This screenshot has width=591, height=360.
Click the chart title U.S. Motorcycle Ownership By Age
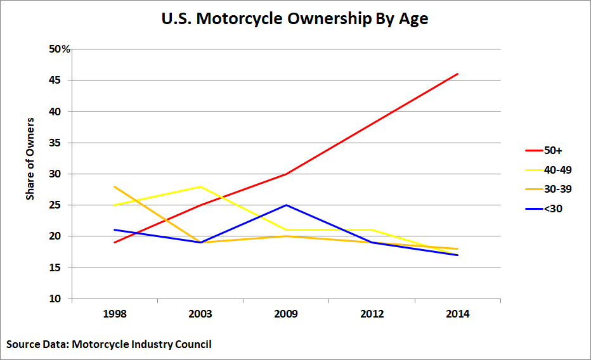point(295,19)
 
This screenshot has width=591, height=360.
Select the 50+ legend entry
point(543,151)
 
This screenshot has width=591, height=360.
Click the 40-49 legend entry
point(549,170)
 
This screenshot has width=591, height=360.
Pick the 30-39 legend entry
point(549,189)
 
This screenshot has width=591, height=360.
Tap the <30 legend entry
point(543,209)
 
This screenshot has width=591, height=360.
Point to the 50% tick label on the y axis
point(60,49)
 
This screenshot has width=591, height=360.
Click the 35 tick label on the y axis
point(55,143)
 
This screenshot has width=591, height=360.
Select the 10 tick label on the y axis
point(55,299)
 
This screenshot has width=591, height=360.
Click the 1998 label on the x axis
point(115,314)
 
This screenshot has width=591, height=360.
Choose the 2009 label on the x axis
point(286,314)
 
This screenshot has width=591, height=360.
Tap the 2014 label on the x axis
point(458,314)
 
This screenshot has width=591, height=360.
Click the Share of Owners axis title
point(30,158)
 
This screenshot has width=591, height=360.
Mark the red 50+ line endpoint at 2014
point(458,74)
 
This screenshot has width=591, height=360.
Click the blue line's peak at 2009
point(287,205)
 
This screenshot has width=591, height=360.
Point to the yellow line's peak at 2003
point(200,186)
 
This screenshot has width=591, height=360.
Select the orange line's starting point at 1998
point(115,186)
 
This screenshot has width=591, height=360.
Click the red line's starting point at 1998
point(115,243)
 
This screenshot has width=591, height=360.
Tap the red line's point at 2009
point(287,174)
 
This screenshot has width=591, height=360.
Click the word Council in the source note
point(193,344)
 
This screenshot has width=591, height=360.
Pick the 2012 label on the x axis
point(372,314)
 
